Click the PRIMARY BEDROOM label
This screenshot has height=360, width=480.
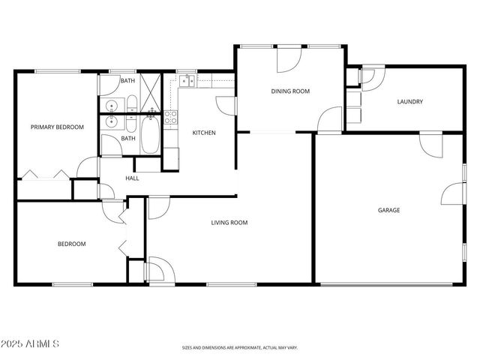click(57, 127)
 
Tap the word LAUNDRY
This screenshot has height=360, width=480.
click(410, 102)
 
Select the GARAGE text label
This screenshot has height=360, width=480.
click(388, 210)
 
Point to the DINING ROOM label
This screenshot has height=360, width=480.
click(290, 91)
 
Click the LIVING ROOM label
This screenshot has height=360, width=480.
click(229, 222)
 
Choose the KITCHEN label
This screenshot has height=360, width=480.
click(204, 133)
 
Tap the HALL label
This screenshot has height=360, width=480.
click(132, 178)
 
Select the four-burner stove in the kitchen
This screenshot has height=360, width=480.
click(171, 117)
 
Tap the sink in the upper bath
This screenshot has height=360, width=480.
click(111, 105)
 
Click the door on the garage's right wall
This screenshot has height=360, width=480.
click(453, 194)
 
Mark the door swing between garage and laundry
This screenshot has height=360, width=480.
click(430, 143)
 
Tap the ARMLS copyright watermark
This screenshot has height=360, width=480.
click(30, 343)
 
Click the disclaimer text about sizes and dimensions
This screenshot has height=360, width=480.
click(240, 348)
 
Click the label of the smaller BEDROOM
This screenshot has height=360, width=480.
click(72, 244)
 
